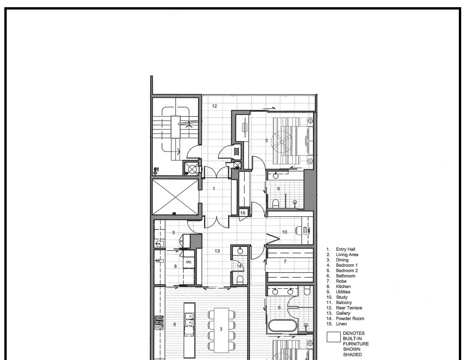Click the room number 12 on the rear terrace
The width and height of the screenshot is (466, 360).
click(x=215, y=106)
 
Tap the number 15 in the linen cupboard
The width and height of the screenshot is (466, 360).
click(x=242, y=213)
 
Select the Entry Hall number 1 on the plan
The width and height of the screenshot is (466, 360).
click(x=213, y=189)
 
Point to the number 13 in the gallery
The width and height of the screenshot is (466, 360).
click(x=217, y=251)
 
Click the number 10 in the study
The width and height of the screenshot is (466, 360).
click(x=284, y=232)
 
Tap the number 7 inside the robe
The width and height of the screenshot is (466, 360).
click(x=285, y=261)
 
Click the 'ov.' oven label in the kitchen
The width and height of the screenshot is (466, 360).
click(x=189, y=262)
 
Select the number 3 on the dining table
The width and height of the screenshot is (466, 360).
click(x=221, y=329)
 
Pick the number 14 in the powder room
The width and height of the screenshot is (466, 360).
click(x=239, y=266)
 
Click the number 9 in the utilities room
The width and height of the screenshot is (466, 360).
click(x=173, y=232)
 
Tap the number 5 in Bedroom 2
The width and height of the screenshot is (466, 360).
click(x=266, y=141)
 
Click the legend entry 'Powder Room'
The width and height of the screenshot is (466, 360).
click(x=350, y=318)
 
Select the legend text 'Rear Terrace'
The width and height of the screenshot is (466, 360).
click(x=349, y=308)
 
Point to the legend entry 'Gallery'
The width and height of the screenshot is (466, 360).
click(x=343, y=313)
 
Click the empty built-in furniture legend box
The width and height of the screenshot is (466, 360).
click(x=334, y=337)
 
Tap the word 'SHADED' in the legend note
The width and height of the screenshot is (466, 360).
click(x=352, y=355)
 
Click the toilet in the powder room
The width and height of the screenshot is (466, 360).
click(x=240, y=280)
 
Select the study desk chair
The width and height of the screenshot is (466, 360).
click(x=298, y=231)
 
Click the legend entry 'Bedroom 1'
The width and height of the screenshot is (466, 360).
click(x=347, y=265)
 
